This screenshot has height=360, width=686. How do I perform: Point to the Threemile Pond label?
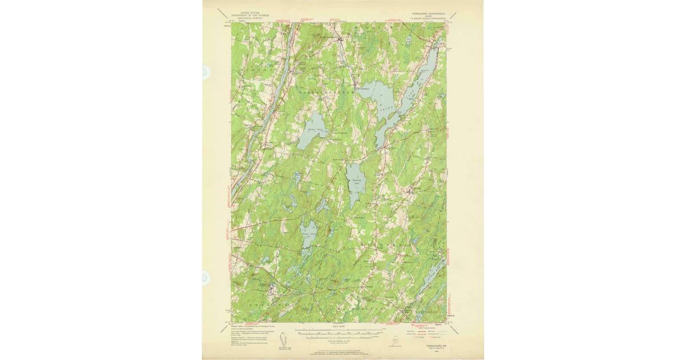click(x=356, y=182)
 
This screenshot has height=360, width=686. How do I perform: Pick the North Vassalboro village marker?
click(x=341, y=39)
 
